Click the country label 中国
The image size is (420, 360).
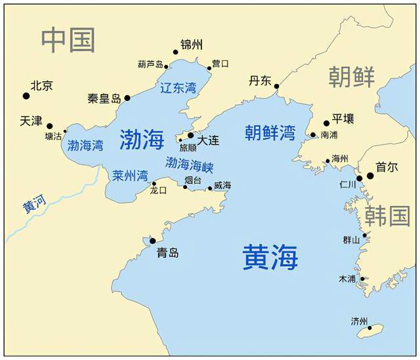[x=68, y=40]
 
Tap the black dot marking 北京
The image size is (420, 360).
[x=26, y=96]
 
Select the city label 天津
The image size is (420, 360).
[x=31, y=121]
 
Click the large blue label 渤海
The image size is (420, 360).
[x=142, y=138]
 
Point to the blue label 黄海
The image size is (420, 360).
[x=270, y=256]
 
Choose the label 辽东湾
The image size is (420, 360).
[x=178, y=88]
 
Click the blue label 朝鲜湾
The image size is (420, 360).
[x=270, y=132]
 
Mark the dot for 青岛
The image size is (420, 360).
[x=152, y=241]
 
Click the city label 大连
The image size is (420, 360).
[x=208, y=140]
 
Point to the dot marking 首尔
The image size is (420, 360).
[x=370, y=176]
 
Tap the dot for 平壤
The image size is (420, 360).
[x=326, y=123]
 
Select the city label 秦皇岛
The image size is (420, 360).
[x=104, y=98]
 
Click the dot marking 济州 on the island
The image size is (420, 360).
[x=370, y=328]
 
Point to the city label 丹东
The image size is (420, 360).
[x=259, y=81]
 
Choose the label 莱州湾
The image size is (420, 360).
[x=129, y=175]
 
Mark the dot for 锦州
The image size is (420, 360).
[x=175, y=52]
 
